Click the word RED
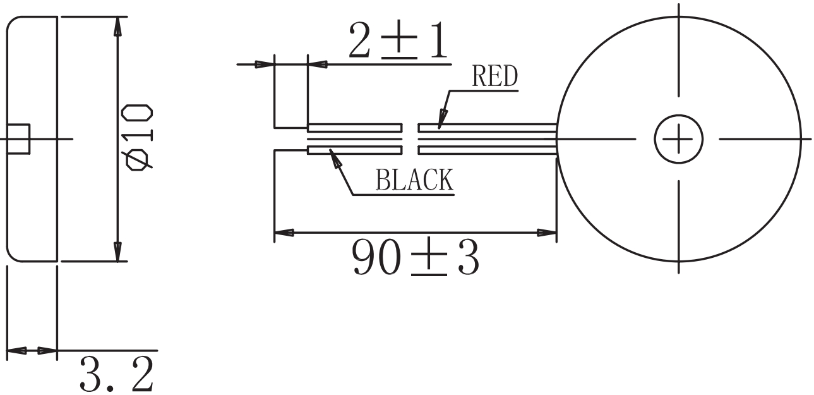494,77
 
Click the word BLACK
414,180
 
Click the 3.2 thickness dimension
117,375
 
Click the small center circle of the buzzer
678,138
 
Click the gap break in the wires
410,138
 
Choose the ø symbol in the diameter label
139,160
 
